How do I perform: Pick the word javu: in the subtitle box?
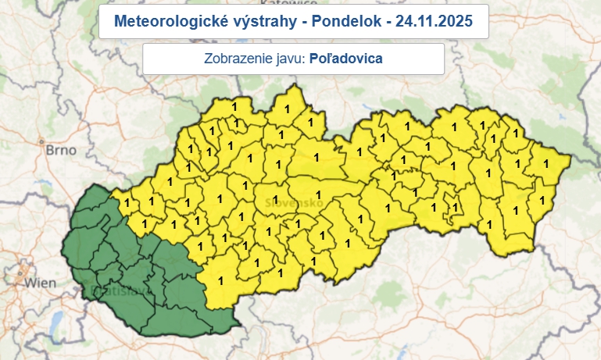[289, 59]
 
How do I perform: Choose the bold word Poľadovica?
[347, 59]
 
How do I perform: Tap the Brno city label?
[60, 148]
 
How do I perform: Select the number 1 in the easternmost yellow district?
[546, 163]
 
